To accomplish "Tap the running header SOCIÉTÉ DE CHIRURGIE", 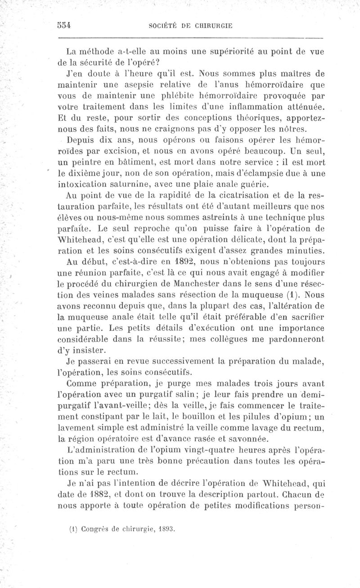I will (x=189, y=26).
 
